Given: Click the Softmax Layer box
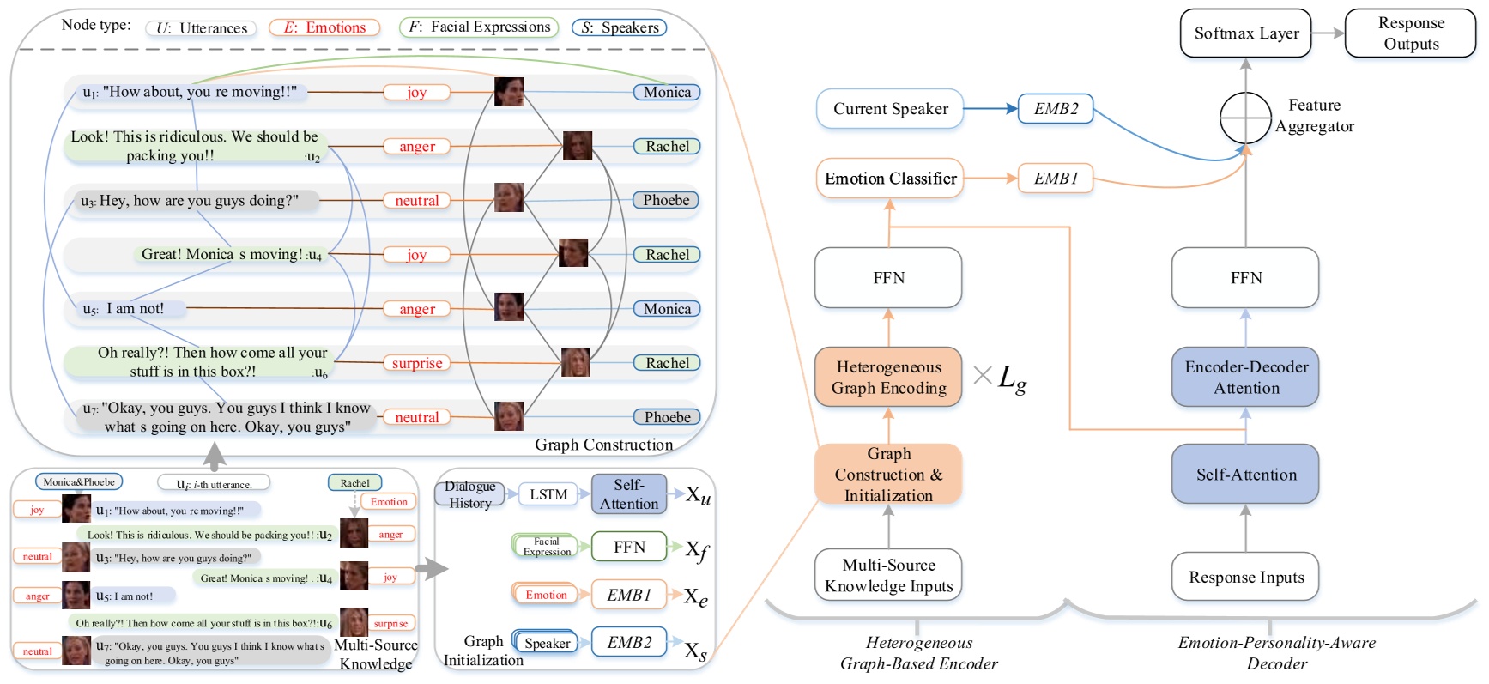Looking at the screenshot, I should [x=1245, y=33].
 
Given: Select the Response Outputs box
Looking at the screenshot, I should [x=1410, y=33].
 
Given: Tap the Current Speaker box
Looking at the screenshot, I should [x=890, y=109].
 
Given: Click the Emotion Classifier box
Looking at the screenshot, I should [x=890, y=179].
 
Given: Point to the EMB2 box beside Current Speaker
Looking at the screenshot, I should [x=1056, y=109].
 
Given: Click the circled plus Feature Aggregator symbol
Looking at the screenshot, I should [x=1245, y=118].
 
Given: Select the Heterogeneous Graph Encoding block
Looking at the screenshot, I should [x=888, y=378].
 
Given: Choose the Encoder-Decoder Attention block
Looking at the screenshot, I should [x=1245, y=378].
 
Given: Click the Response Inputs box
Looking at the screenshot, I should [x=1245, y=577].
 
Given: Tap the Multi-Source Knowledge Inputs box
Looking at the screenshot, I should [x=888, y=575].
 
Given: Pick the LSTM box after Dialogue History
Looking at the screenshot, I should [x=548, y=494].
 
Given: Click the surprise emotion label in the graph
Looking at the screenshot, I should [x=417, y=363].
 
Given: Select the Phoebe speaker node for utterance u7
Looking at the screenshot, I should [x=667, y=417].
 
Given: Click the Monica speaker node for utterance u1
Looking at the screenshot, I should [x=667, y=92].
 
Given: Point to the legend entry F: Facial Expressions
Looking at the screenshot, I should [x=479, y=27].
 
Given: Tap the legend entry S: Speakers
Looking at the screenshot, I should [x=620, y=27].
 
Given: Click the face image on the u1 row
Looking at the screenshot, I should [x=509, y=92].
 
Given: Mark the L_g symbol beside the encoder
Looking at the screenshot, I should [x=1012, y=377].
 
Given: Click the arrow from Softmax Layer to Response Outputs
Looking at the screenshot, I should [x=1328, y=33].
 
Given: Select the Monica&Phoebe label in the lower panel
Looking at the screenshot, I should [x=79, y=482].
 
